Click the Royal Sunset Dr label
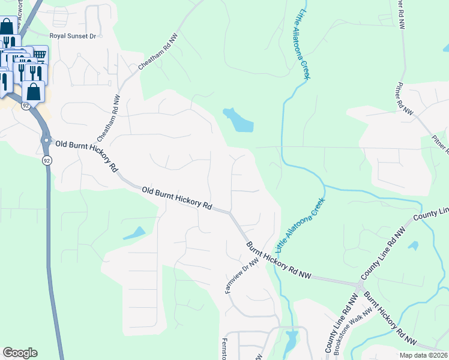click(x=73, y=36)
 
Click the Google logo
click(x=20, y=353)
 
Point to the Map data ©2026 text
click(x=423, y=355)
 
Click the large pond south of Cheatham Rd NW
click(x=240, y=121)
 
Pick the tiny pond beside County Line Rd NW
click(x=413, y=245)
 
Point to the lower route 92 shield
click(x=46, y=161)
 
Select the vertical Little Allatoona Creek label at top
click(x=303, y=44)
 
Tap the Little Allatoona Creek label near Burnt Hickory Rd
click(x=300, y=224)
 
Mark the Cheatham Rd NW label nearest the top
click(x=158, y=51)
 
